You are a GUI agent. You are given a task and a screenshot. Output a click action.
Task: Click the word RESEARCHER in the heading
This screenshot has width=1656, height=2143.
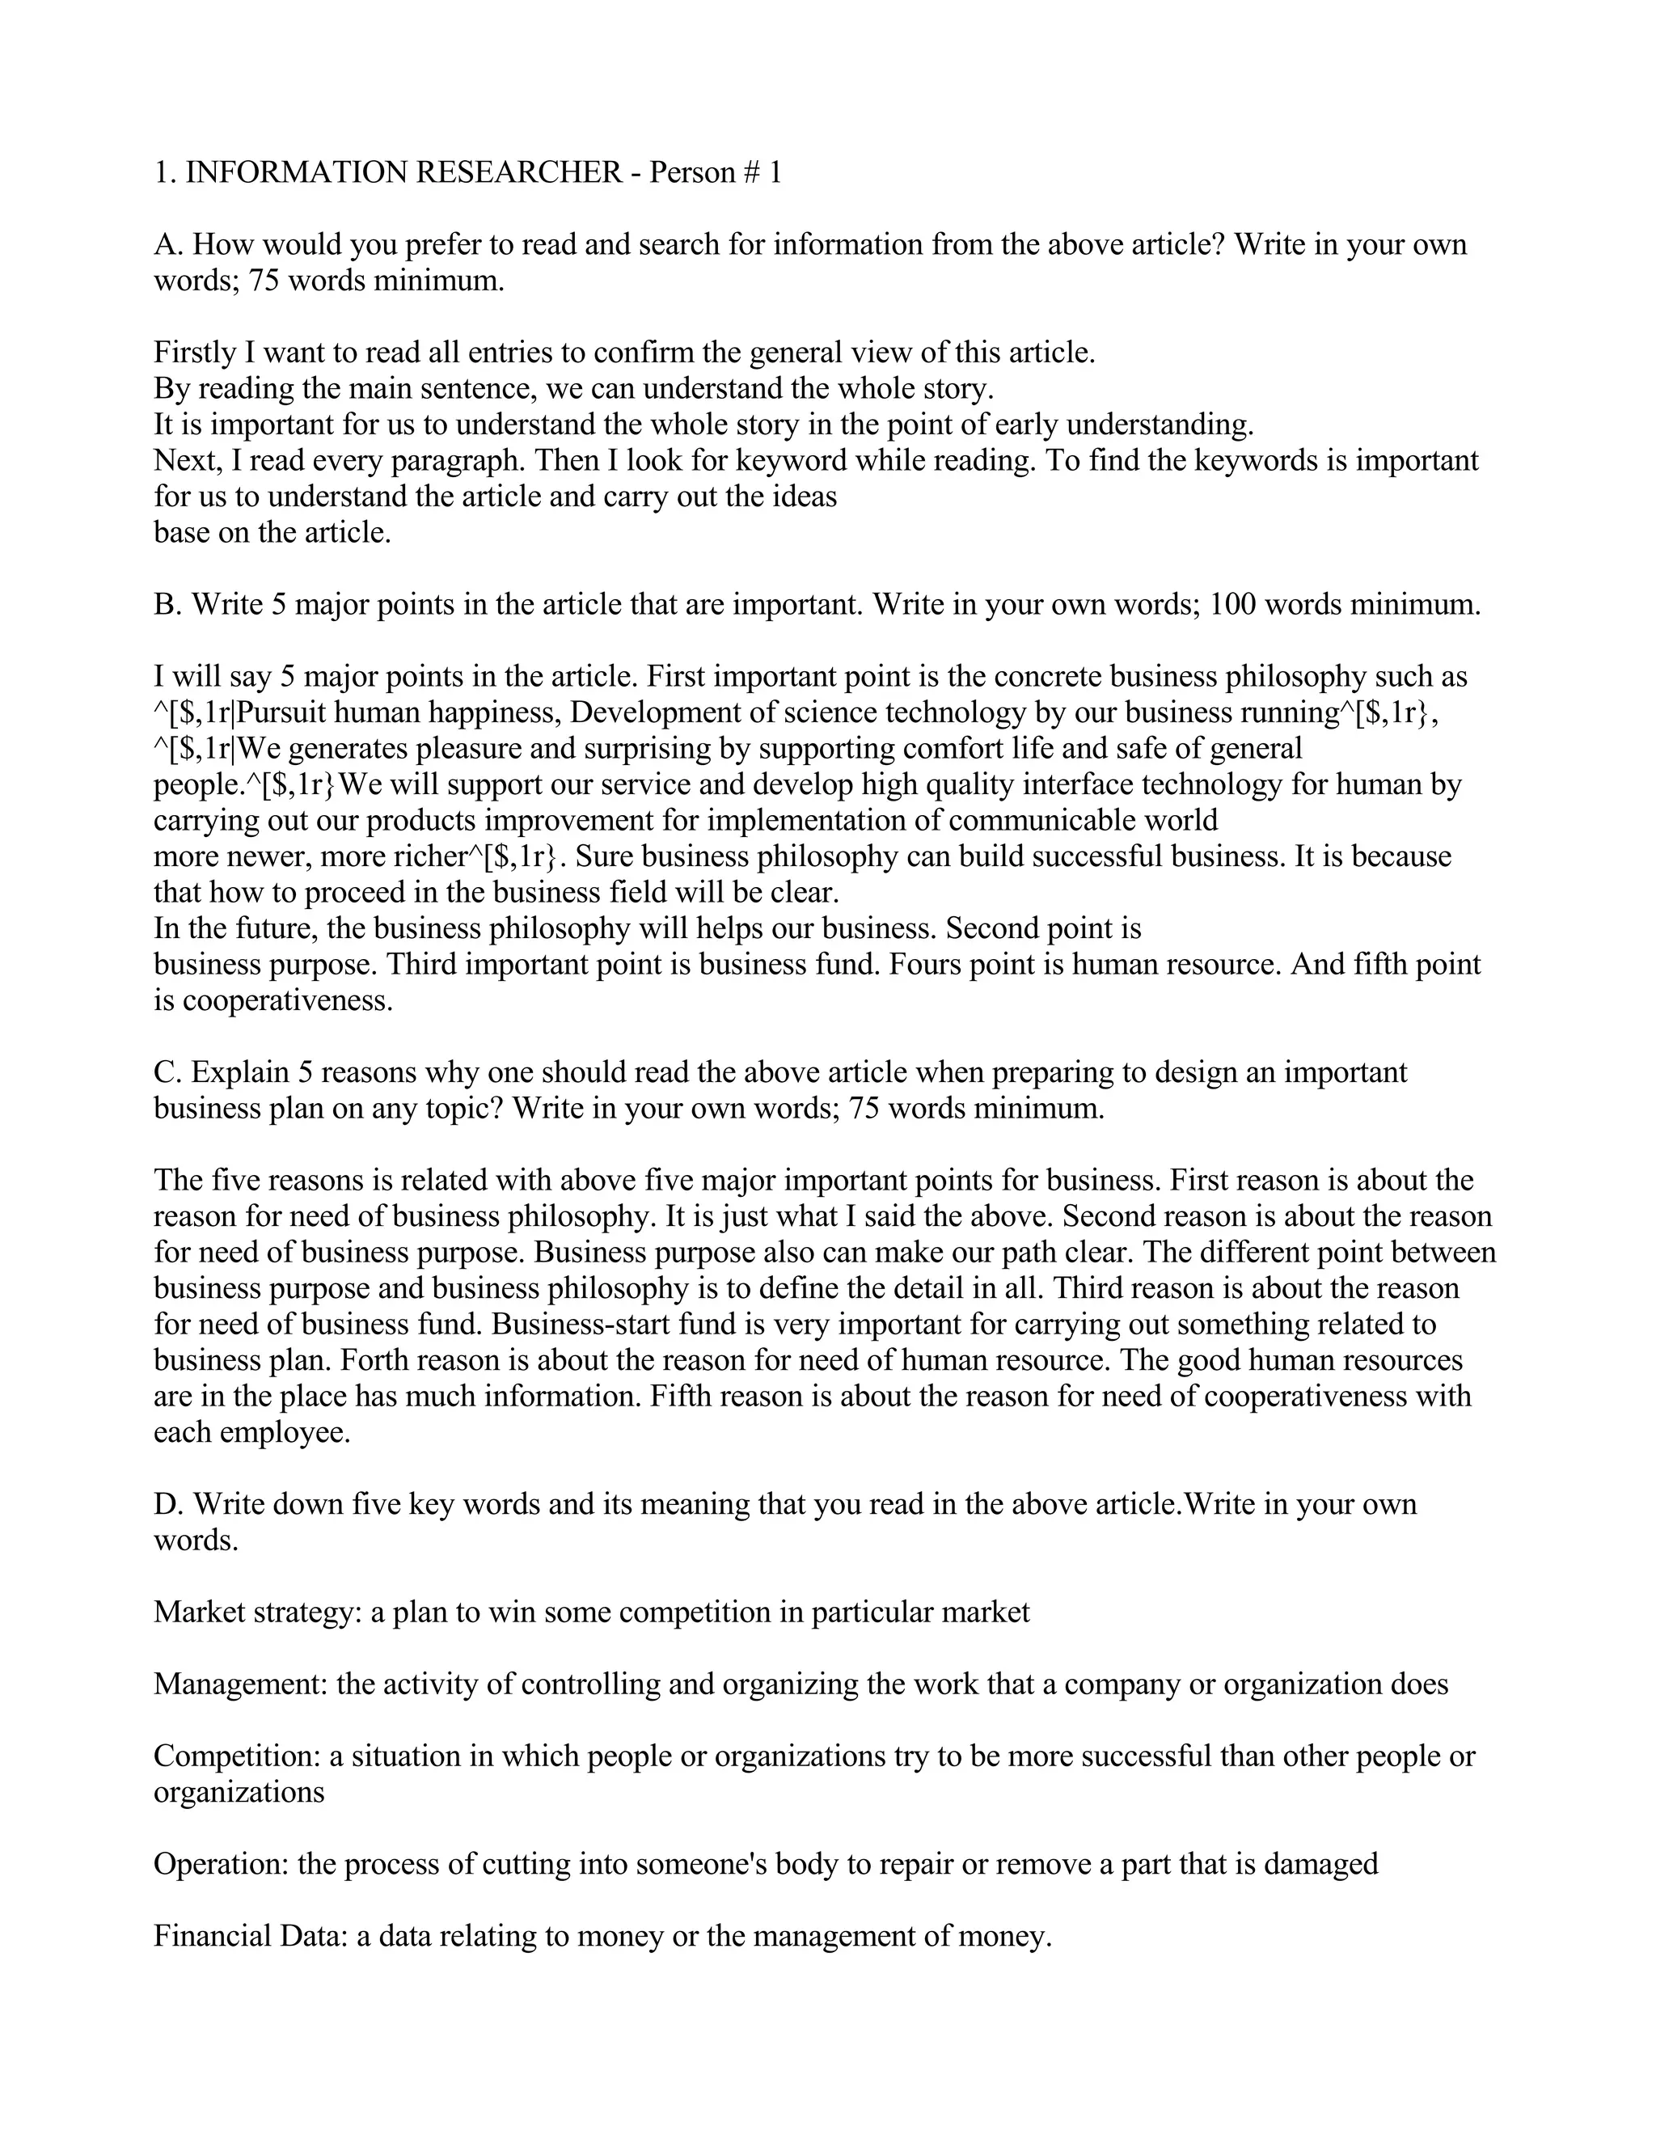pos(519,173)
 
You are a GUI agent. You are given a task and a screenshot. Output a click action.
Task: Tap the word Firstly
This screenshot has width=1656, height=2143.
pos(195,353)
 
